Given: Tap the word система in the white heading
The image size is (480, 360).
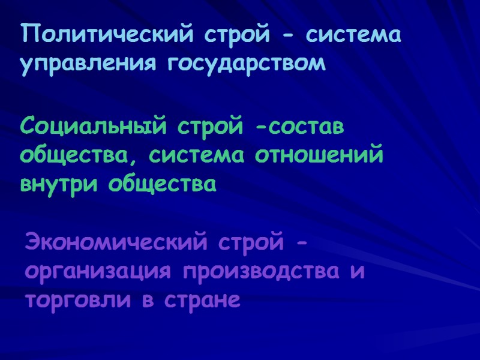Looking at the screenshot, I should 352,35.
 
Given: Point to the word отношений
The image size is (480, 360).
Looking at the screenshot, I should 319,156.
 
